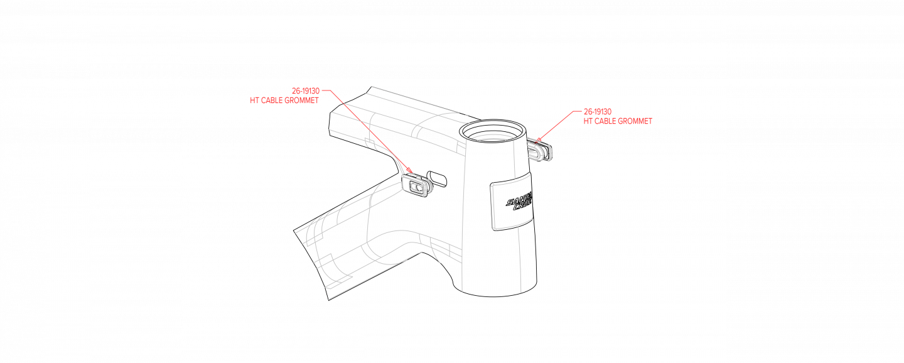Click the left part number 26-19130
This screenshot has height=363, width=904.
[306, 91]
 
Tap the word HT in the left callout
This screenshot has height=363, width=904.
[254, 100]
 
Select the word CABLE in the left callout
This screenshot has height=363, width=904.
[273, 100]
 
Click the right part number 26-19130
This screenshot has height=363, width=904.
[598, 112]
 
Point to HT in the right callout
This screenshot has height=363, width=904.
[588, 121]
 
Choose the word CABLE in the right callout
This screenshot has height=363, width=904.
[606, 121]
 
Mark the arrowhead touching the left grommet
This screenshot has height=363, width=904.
[409, 170]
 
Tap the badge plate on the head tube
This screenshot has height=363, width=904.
[512, 202]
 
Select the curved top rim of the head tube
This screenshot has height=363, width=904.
[493, 135]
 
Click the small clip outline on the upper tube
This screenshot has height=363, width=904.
[370, 145]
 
